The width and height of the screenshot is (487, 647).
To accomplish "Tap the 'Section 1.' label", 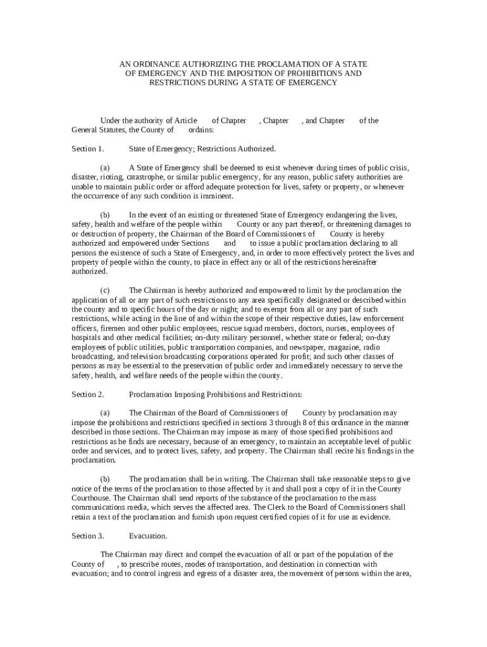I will pyautogui.click(x=88, y=149).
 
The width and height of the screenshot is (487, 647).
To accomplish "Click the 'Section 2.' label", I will pyautogui.click(x=88, y=395).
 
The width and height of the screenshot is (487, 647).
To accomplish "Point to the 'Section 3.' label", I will pyautogui.click(x=88, y=536).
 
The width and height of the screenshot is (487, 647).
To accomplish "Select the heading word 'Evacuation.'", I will pyautogui.click(x=148, y=536).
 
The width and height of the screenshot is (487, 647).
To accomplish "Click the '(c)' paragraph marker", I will pyautogui.click(x=106, y=291).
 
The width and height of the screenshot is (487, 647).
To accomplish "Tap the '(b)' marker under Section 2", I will pyautogui.click(x=106, y=479).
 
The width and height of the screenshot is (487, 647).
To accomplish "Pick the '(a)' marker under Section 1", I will pyautogui.click(x=106, y=168).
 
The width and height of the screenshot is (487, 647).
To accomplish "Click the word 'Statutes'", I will pyautogui.click(x=114, y=130).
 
